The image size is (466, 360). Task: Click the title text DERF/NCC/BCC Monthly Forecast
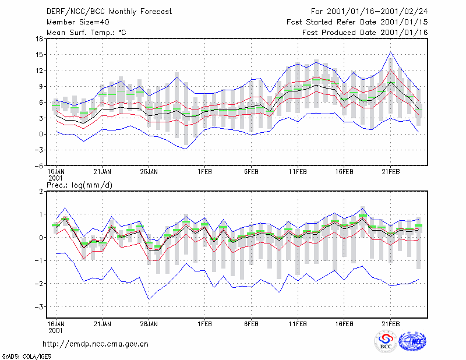(x=109, y=12)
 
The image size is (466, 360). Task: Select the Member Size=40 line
(x=78, y=22)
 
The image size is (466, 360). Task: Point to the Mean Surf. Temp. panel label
(x=86, y=33)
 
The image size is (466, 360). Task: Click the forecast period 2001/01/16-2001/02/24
(x=369, y=12)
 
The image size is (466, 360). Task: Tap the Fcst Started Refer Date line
(x=357, y=22)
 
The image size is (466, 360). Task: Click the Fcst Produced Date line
(x=365, y=33)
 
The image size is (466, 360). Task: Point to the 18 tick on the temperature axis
(x=39, y=38)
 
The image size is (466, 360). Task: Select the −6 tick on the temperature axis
(x=38, y=165)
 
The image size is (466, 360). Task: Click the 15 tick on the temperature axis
(x=39, y=55)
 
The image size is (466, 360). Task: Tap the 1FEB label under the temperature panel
(x=205, y=172)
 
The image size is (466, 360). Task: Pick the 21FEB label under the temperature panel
(x=391, y=172)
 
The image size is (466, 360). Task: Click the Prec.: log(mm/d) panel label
(x=79, y=185)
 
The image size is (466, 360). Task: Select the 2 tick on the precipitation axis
(x=41, y=192)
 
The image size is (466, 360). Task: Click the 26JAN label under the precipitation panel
(x=149, y=324)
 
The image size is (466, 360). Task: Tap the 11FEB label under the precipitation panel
(x=298, y=324)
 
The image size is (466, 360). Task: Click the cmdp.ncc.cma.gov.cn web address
(x=96, y=344)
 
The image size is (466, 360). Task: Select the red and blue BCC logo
(x=386, y=341)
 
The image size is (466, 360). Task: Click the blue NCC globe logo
(x=412, y=341)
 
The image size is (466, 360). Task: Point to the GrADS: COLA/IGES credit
(x=26, y=357)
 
